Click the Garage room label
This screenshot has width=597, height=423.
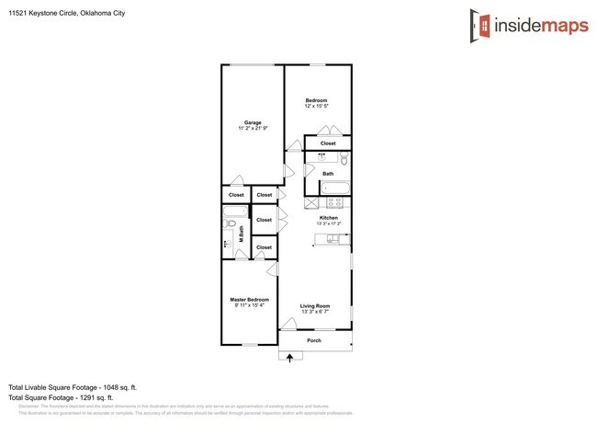253,122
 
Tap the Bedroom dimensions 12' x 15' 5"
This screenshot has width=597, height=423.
316,107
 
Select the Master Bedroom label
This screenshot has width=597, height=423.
249,300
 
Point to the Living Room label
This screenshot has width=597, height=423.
315,306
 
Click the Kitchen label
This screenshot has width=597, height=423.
329,218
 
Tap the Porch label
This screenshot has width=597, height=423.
314,340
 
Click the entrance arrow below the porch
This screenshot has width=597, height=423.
290,358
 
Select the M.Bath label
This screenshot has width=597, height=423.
241,234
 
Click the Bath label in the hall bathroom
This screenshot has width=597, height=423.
328,173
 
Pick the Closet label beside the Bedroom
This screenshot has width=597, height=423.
328,143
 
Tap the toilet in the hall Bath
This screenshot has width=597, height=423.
344,158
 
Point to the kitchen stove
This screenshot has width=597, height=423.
337,203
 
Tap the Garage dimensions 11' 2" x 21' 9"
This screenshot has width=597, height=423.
253,129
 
